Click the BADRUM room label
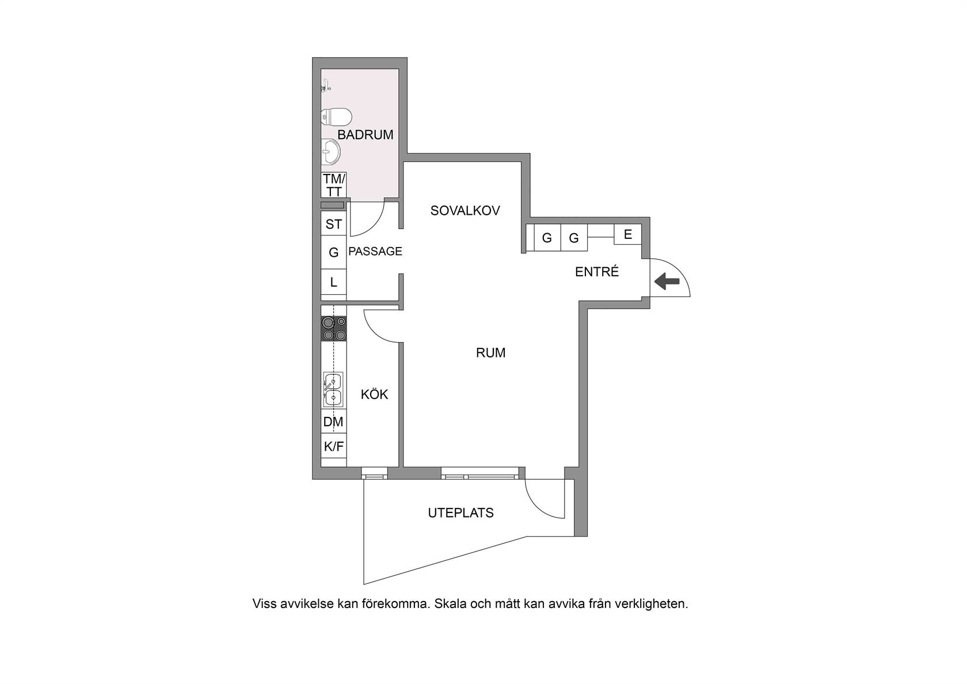365,135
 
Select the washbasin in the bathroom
331,151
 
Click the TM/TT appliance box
334,185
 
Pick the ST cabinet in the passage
334,223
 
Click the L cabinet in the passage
334,282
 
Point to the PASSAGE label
375,251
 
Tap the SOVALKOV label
465,210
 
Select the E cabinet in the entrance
627,234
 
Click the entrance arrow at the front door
667,282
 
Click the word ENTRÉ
597,271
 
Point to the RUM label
490,352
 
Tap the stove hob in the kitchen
334,328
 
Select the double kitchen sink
333,389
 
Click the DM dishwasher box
334,421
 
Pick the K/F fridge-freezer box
334,446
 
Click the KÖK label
374,394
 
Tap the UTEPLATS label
460,512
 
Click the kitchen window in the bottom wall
374,473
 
